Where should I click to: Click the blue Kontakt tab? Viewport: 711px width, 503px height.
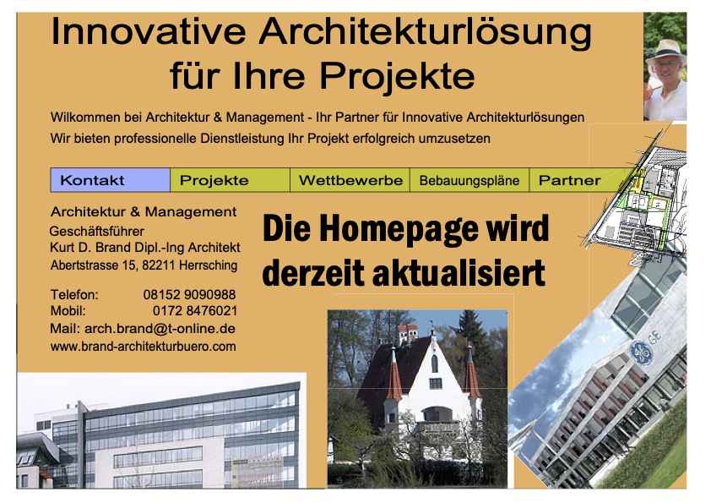coord(110,180)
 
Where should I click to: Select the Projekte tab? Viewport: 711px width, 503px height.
coord(230,180)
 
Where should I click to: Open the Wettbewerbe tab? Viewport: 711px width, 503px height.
coord(350,180)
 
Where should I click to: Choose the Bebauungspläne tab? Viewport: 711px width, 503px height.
coord(469,180)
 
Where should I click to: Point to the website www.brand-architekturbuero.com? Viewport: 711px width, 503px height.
coord(144,347)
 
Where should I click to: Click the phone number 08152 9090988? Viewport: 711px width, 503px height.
coord(189,295)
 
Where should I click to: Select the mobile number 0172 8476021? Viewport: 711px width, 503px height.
coord(195,311)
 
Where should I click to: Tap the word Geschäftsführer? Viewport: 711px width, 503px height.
coord(96,232)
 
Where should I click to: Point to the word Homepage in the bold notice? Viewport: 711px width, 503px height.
coord(399,229)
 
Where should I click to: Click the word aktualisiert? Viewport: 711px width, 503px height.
coord(459,273)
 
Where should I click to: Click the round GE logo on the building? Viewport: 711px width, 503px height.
coord(641,353)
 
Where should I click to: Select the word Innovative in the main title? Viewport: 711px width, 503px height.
coord(149,32)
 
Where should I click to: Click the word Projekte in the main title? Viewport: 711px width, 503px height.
coord(397,76)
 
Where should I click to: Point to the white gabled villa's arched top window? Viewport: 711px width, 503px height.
coord(434,363)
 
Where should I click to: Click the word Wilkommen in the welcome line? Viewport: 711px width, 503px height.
coord(85,118)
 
